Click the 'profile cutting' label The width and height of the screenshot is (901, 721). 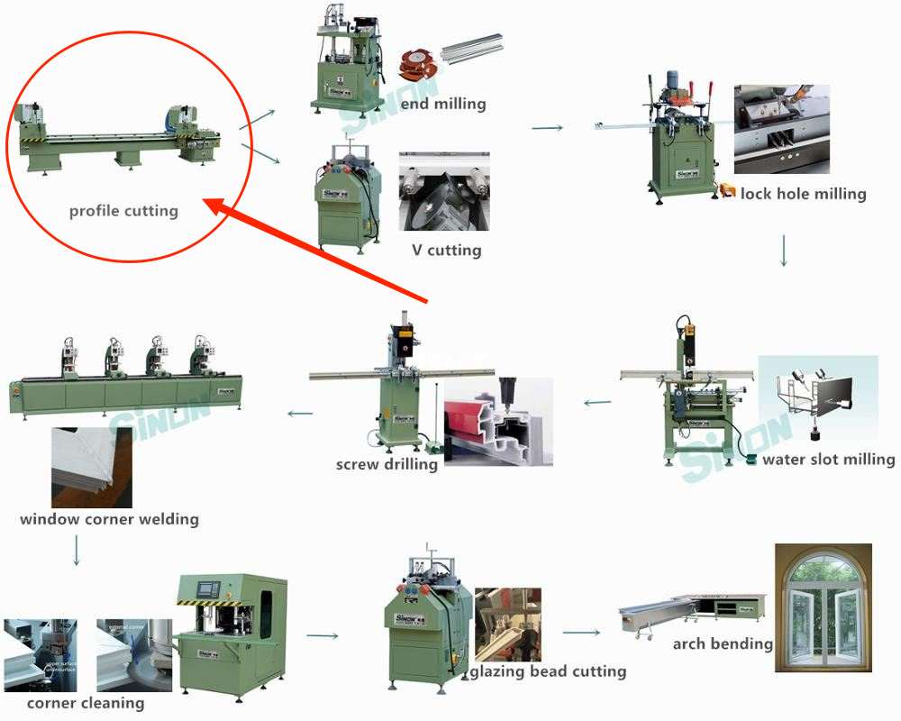point(123,212)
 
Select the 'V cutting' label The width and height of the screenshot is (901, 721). point(446,250)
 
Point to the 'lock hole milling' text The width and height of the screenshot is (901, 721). point(803,194)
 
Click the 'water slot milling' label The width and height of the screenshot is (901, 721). point(828,460)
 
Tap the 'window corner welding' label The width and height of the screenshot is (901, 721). point(109,519)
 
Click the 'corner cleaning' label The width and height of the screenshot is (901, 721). point(85,703)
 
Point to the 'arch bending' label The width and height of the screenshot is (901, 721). point(723,643)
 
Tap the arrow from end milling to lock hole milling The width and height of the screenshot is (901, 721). point(547,128)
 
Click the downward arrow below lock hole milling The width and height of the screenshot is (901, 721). point(784,251)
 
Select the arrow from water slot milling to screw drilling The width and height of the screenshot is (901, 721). point(597,402)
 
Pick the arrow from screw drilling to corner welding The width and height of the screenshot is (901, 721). point(300,414)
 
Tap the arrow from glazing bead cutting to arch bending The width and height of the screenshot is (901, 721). point(581,633)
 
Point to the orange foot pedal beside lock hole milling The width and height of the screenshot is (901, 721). point(726,191)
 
